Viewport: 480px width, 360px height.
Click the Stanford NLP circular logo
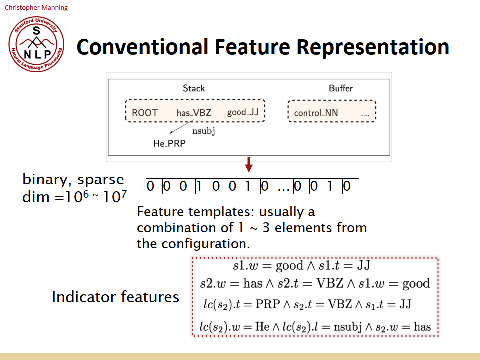pos(36,44)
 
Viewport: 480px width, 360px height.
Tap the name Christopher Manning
pos(36,7)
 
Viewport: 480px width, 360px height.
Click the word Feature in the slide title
pos(252,47)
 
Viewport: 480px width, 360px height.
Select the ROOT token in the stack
pos(145,113)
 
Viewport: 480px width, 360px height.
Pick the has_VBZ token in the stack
pos(194,113)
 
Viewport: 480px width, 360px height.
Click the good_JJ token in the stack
pos(243,112)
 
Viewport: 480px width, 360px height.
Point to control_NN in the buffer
pos(316,113)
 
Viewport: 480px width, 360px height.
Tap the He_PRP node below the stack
pos(169,143)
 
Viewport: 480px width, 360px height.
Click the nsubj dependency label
pos(203,131)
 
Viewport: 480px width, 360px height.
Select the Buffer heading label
pos(341,88)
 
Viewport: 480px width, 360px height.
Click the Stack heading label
pos(194,88)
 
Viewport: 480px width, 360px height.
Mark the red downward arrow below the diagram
pos(249,164)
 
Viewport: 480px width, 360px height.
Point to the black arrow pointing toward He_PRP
pos(182,126)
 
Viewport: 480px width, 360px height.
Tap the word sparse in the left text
pos(100,180)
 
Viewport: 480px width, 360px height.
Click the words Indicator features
pos(115,297)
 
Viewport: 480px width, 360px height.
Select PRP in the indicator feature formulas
pos(268,304)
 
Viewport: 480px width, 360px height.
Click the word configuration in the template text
pos(206,244)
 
